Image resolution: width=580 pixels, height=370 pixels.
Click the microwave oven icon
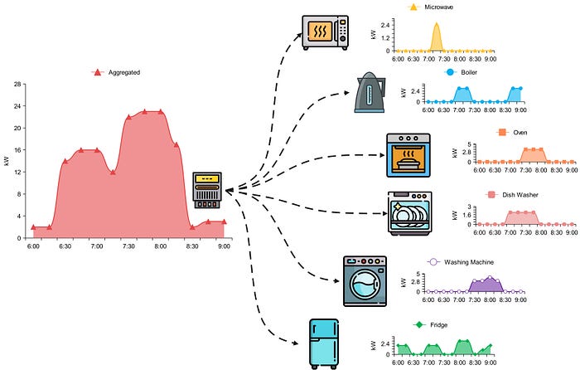click(x=326, y=32)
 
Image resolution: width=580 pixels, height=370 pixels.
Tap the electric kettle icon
click(x=369, y=93)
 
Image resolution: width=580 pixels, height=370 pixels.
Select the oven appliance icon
click(x=408, y=155)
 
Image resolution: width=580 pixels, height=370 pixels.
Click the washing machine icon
click(x=365, y=280)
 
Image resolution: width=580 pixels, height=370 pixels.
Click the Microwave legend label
click(x=443, y=7)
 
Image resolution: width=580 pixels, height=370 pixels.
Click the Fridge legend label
click(x=439, y=324)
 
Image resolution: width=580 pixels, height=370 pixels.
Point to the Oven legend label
click(x=520, y=132)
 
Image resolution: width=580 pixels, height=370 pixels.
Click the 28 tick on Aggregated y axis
click(x=17, y=85)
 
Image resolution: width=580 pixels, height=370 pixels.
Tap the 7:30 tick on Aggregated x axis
click(x=128, y=246)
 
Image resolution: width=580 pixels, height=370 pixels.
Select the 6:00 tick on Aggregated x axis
click(x=33, y=246)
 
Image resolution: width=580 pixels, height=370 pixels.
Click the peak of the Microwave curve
click(x=437, y=24)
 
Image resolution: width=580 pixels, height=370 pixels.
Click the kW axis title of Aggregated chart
click(x=7, y=162)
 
